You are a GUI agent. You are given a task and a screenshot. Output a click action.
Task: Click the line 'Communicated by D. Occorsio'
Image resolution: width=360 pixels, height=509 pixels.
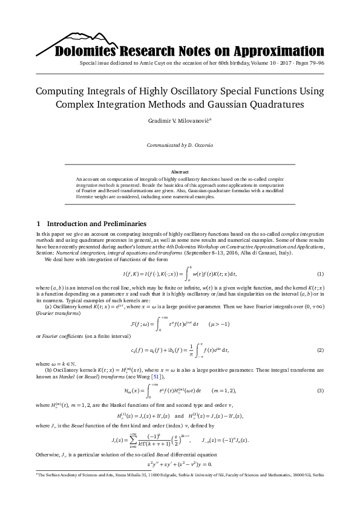(x=179, y=146)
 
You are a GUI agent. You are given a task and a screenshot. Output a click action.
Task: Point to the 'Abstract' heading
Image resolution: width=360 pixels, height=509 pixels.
(x=180, y=172)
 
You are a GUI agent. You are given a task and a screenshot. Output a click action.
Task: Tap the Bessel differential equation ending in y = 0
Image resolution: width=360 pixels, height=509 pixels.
(x=180, y=464)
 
